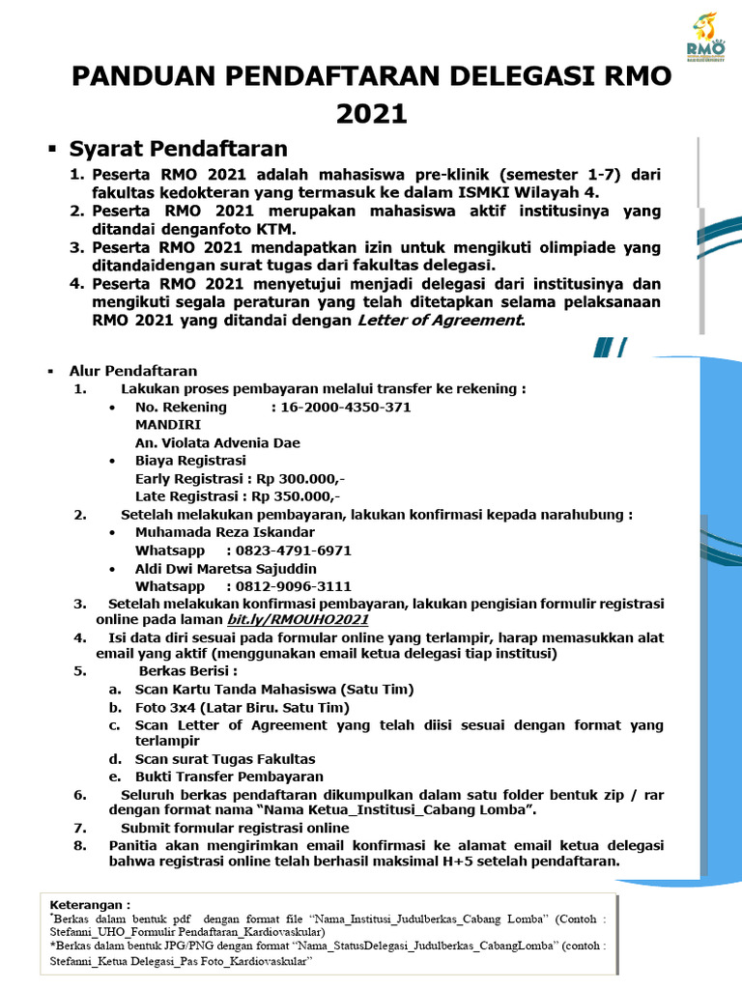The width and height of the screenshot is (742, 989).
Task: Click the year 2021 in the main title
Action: pyautogui.click(x=371, y=113)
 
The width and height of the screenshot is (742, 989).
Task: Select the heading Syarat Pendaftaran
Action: pyautogui.click(x=178, y=149)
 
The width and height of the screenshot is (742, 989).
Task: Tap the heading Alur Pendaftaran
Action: pyautogui.click(x=132, y=371)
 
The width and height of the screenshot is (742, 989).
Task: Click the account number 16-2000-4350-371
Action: pyautogui.click(x=342, y=407)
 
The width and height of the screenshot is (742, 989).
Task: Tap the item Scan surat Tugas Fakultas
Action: pyautogui.click(x=225, y=759)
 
